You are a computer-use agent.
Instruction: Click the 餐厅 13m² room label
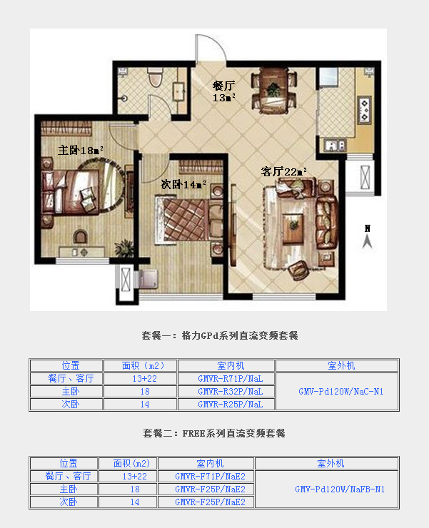(x=223, y=91)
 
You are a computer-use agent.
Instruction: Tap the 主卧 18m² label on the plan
(x=80, y=150)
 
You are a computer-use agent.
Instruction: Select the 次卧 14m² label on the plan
(x=183, y=184)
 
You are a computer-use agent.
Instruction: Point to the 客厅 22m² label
(x=284, y=172)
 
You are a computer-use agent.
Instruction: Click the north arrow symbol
(x=368, y=237)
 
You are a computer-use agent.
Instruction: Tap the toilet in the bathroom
(x=155, y=77)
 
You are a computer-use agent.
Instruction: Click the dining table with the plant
(x=273, y=91)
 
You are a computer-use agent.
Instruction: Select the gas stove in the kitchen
(x=364, y=109)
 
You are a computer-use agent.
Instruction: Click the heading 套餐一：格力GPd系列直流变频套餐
(x=220, y=336)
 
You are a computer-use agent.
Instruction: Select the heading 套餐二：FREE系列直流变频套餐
(x=214, y=433)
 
